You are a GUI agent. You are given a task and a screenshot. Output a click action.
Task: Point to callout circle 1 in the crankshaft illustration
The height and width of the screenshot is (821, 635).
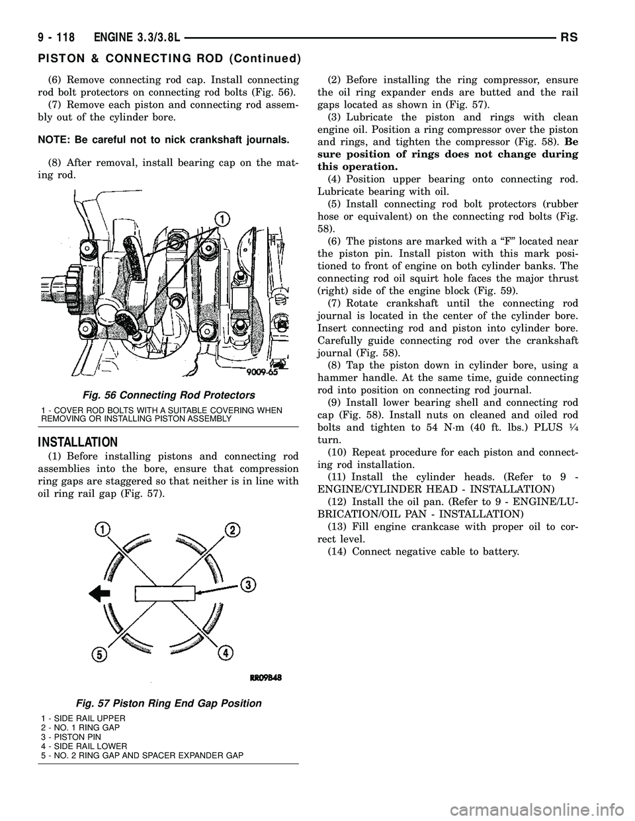tap(223, 218)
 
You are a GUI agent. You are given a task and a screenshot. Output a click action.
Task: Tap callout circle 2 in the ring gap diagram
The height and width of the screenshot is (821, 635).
tap(232, 511)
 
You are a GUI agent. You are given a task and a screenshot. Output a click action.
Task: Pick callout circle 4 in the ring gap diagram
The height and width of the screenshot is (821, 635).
tap(226, 653)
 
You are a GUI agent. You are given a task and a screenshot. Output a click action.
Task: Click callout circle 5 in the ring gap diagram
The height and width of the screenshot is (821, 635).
tap(99, 655)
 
